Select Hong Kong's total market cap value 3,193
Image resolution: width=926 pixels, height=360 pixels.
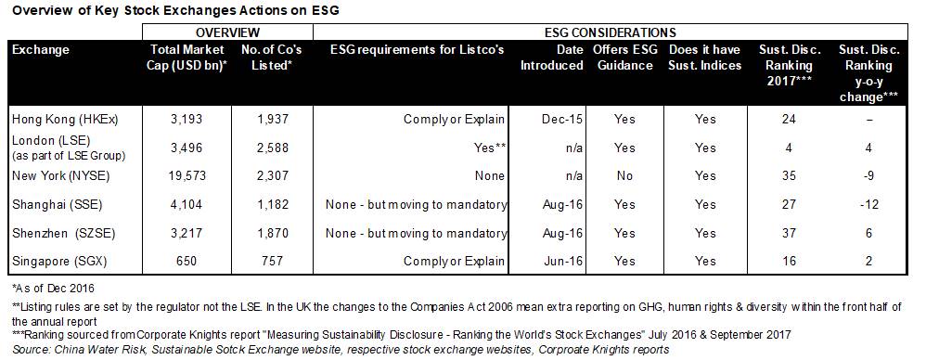(186, 119)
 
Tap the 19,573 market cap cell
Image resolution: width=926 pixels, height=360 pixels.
(186, 176)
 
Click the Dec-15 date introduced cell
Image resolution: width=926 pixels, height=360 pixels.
(562, 119)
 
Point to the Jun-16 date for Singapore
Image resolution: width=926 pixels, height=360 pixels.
(562, 261)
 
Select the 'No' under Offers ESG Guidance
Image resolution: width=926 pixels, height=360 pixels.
(624, 176)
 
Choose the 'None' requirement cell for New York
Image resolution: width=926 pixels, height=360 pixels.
(491, 176)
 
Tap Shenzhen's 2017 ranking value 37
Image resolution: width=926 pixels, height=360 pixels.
(789, 233)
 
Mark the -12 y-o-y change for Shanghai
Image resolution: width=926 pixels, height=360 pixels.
(868, 204)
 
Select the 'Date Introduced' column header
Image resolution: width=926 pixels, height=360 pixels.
(551, 58)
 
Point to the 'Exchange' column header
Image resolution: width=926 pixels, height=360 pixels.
(41, 50)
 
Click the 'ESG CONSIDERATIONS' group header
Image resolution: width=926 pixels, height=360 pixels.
(610, 32)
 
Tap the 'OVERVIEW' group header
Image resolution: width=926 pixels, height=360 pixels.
(227, 32)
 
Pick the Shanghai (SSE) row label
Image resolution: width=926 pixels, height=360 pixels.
(58, 204)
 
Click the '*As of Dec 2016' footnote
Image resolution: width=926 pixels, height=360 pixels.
(53, 289)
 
